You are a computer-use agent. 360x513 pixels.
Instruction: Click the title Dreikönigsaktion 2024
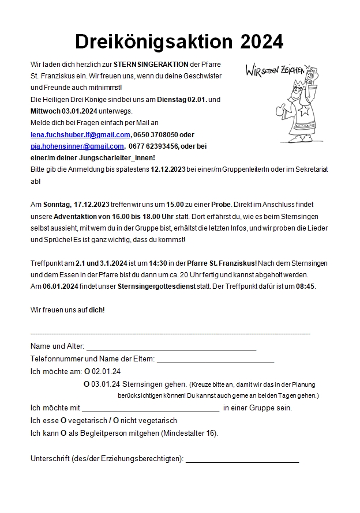pos(179,42)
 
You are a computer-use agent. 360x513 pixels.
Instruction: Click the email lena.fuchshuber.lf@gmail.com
pos(80,135)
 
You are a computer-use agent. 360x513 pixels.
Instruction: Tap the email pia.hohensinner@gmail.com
pos(77,146)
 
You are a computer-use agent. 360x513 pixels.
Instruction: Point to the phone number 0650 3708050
pos(155,135)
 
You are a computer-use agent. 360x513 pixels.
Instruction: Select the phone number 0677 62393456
pos(154,146)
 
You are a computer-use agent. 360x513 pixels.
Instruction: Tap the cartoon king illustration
pos(297,107)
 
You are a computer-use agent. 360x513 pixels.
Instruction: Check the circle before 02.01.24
pos(87,371)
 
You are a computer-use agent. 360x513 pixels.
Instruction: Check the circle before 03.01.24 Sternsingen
pos(87,383)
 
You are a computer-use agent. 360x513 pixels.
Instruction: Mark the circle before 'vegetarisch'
pos(63,421)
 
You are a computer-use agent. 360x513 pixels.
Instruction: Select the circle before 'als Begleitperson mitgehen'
pos(64,433)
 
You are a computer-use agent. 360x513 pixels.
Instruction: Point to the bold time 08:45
pos(306,286)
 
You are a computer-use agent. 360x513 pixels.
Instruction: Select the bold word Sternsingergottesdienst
pos(154,286)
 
